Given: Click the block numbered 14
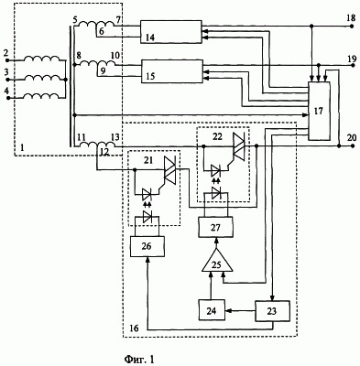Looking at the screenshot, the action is coord(171,32).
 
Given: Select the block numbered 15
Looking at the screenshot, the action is coord(172,71).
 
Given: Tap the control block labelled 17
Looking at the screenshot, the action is coord(320,111).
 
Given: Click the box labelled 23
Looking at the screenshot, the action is coord(272,311).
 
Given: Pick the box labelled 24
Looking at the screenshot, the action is coord(212,310).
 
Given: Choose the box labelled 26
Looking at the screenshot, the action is coord(147,246).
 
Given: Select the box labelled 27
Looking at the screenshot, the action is coord(216,228).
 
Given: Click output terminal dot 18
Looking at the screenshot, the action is coord(352,27).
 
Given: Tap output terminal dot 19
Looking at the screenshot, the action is coord(352,65).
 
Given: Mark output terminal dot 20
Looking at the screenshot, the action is coord(352,146).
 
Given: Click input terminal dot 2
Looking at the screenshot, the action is coord(8,60).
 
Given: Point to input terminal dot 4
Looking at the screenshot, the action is coord(8,98).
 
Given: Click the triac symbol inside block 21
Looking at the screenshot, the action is coord(170,170).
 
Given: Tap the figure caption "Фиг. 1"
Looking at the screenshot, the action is coord(139,359).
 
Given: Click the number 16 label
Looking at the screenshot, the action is coord(134,328).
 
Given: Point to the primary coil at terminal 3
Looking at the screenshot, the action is coord(42,78).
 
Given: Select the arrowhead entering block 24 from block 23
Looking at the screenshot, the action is coord(228,311).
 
